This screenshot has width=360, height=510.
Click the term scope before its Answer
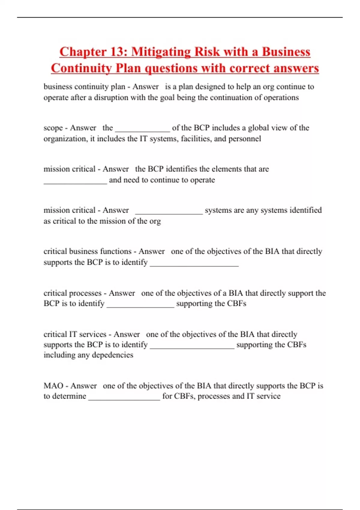coord(53,128)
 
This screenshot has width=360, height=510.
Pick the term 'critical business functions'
coord(87,251)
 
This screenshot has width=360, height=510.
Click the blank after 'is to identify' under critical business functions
coord(194,264)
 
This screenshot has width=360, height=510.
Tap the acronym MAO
coord(53,385)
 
